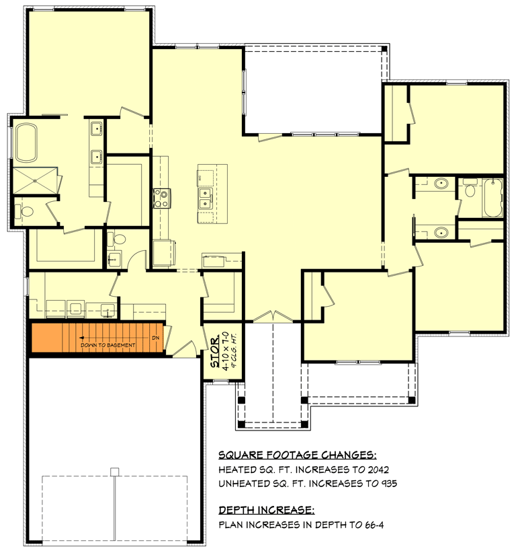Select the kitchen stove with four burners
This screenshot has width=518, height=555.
161,198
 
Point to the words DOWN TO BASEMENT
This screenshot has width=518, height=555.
108,345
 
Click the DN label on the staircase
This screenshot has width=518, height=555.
155,338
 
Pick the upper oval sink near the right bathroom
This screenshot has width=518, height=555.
441,184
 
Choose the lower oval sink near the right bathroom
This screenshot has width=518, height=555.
441,233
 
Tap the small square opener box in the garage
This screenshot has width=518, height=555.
114,471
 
